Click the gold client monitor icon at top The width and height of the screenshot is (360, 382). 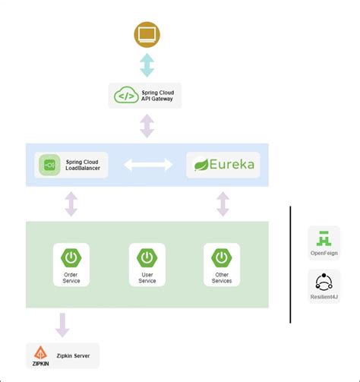pos(147,35)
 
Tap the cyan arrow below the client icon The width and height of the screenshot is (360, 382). pos(147,65)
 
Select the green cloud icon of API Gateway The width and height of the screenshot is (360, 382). pos(125,96)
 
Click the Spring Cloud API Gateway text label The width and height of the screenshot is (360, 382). pos(158,96)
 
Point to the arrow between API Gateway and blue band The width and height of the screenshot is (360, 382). pos(147,125)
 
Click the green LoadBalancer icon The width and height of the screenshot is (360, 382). pos(50,165)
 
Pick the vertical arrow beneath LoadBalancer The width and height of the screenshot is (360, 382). pos(71,204)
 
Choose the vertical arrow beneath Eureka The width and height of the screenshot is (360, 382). pos(223,204)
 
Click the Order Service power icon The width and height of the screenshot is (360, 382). pos(71,257)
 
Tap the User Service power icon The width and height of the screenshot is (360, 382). pos(147,257)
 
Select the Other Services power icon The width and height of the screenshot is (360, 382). pos(222,257)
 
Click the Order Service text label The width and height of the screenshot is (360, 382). pos(71,277)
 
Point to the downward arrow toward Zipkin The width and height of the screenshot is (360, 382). pos(62,325)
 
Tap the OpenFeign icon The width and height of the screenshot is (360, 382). pos(324,237)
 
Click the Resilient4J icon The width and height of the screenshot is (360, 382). pos(324,281)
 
